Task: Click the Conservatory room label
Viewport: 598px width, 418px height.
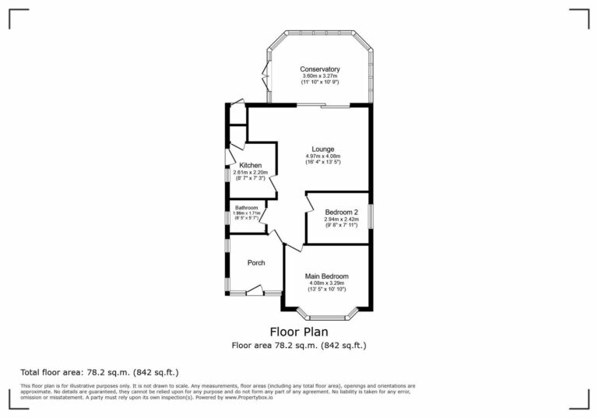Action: [x=320, y=69]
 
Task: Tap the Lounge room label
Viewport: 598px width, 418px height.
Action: [x=323, y=149]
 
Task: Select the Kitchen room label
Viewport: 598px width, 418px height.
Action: [x=250, y=165]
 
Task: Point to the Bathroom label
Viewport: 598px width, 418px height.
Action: [x=246, y=208]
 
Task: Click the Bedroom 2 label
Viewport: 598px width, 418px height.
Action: [x=341, y=212]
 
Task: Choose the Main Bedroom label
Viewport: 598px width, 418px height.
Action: [x=326, y=276]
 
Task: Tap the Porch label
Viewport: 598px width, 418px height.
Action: [x=256, y=262]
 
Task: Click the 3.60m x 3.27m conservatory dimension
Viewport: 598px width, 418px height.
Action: [x=320, y=76]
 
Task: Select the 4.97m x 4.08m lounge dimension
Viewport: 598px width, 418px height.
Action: [x=323, y=156]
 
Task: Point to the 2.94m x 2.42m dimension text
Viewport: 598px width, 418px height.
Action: [x=341, y=219]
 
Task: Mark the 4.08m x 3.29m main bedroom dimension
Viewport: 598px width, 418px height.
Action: [x=326, y=283]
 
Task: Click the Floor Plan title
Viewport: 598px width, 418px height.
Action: [x=298, y=332]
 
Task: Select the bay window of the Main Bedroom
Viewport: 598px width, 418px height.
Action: [x=327, y=316]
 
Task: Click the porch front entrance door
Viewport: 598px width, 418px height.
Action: [x=255, y=291]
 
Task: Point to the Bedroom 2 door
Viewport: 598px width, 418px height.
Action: [x=309, y=205]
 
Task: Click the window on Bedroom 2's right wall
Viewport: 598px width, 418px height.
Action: [x=370, y=216]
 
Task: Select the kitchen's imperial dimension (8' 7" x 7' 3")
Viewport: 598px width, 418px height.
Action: [x=250, y=178]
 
